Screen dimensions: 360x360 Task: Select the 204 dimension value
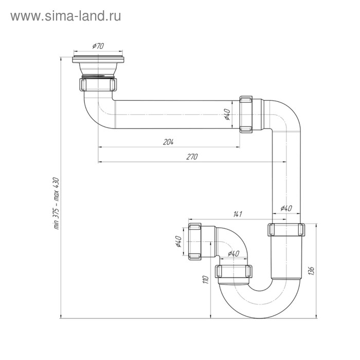[x=168, y=142]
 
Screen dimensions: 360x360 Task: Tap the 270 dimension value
[x=192, y=157]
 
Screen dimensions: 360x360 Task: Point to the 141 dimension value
[x=238, y=213]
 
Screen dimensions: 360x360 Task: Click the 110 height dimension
[x=205, y=280]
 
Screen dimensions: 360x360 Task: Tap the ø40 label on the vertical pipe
[x=286, y=208]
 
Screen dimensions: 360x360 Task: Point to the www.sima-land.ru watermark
[x=65, y=16]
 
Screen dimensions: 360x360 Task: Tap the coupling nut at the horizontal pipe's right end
[x=247, y=114]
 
